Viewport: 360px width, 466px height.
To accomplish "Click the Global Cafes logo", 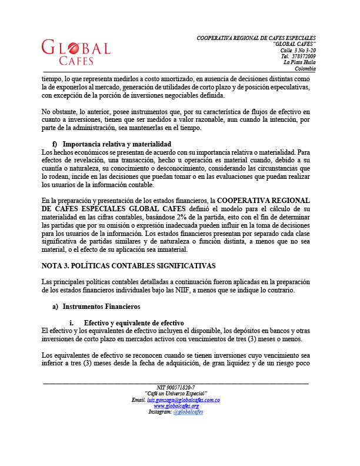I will pyautogui.click(x=76, y=52).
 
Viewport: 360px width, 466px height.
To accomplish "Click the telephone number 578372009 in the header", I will pyautogui.click(x=303, y=56).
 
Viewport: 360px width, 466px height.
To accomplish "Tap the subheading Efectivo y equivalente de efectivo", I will pyautogui.click(x=134, y=323).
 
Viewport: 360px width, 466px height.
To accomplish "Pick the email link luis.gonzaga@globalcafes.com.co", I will pyautogui.click(x=187, y=400).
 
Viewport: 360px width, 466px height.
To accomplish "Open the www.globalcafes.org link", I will pyautogui.click(x=176, y=406).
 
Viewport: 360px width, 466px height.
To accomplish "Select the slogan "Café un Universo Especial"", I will pyautogui.click(x=176, y=394).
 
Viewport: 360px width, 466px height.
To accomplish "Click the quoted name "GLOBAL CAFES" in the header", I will pyautogui.click(x=295, y=45).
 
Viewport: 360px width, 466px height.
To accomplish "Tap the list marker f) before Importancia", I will pyautogui.click(x=55, y=144).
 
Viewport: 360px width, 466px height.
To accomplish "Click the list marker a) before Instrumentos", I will pyautogui.click(x=56, y=307).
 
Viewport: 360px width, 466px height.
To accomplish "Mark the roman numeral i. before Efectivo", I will pyautogui.click(x=72, y=323).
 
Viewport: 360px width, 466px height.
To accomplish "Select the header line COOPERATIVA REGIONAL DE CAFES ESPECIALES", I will pyautogui.click(x=256, y=38).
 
